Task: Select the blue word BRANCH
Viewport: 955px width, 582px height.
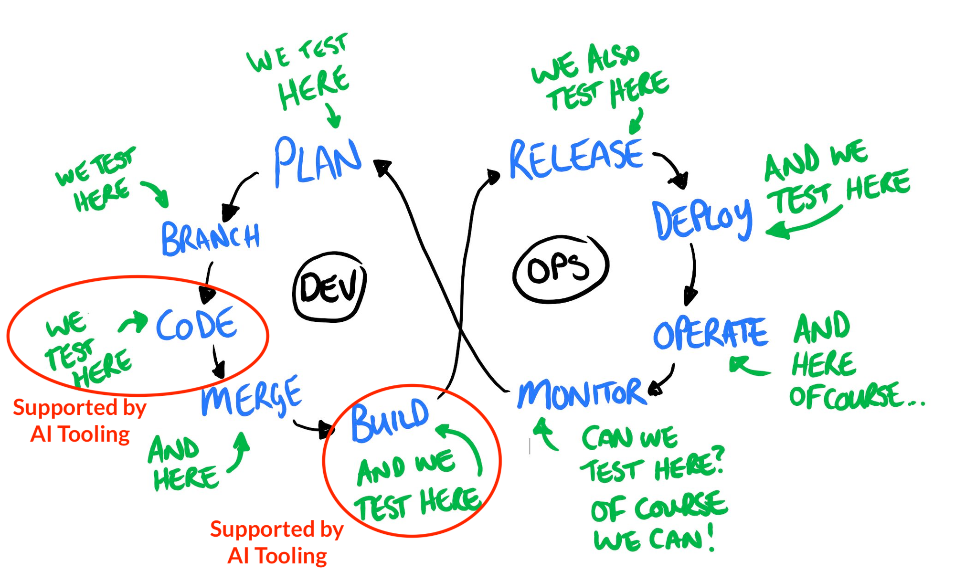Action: (x=211, y=237)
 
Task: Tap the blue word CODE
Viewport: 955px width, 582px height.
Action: (x=196, y=324)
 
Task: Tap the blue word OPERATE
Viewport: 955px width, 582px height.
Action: (x=710, y=333)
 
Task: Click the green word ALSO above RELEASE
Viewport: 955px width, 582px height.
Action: (x=613, y=57)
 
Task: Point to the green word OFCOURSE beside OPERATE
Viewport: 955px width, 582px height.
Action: (x=845, y=396)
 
